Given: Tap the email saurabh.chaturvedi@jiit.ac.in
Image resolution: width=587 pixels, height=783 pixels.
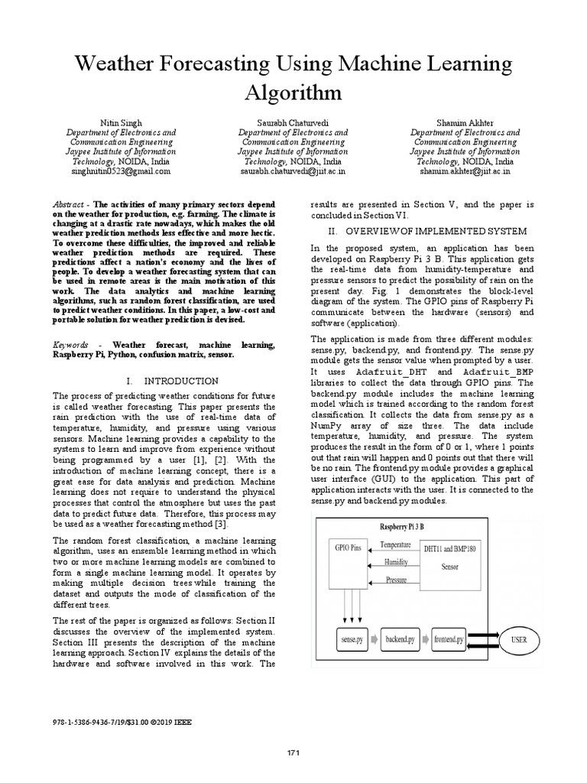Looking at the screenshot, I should tap(293, 172).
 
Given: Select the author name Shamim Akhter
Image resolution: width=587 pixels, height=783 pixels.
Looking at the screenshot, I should tap(465, 122).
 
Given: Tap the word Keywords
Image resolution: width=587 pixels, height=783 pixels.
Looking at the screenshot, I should tap(71, 346).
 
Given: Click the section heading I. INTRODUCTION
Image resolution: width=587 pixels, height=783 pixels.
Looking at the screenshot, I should tap(172, 381).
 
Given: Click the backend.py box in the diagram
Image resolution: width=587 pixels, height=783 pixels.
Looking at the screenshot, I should tap(401, 638).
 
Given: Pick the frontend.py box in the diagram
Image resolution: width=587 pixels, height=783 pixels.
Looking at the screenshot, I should tap(449, 638).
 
